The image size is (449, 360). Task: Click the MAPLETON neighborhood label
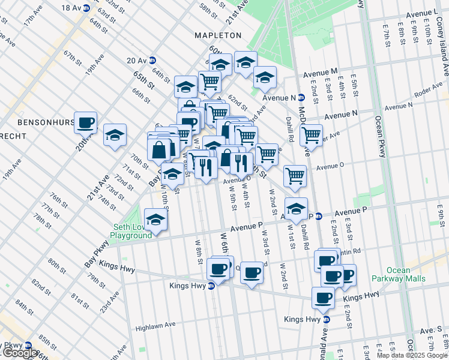pos(217,36)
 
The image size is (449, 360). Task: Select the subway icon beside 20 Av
pos(152,60)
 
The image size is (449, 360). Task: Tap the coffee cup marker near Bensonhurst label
pos(85,123)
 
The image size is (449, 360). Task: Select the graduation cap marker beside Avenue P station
pos(295,209)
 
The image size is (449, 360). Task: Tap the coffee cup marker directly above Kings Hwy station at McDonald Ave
pos(323,298)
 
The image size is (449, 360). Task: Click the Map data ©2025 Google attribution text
pos(412,355)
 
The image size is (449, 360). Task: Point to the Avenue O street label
pos(330,166)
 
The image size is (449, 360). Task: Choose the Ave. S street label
pos(431,330)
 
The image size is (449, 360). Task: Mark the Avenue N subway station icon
pos(301,97)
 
